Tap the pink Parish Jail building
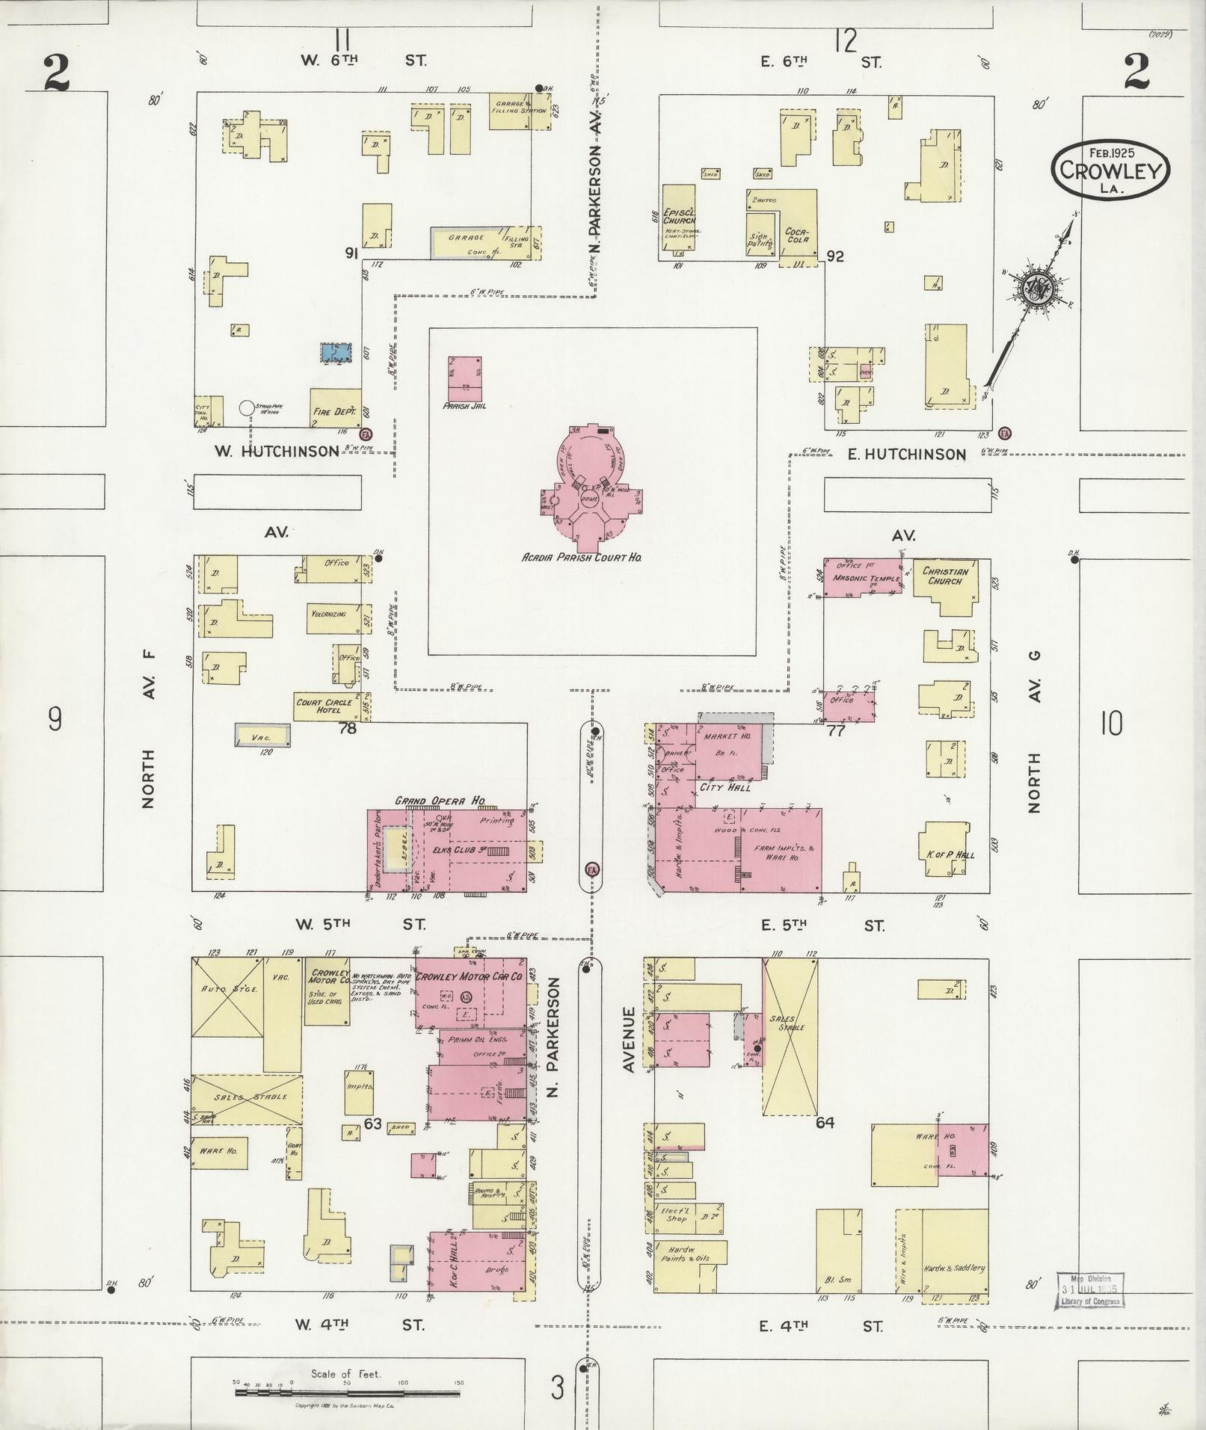point(464,379)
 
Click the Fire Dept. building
point(335,408)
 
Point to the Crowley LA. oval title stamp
point(1110,170)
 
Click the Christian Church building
point(946,586)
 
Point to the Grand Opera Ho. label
point(440,801)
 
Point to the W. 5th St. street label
point(360,924)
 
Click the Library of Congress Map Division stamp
point(1089,1291)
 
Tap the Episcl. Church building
point(679,221)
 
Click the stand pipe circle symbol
point(247,408)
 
